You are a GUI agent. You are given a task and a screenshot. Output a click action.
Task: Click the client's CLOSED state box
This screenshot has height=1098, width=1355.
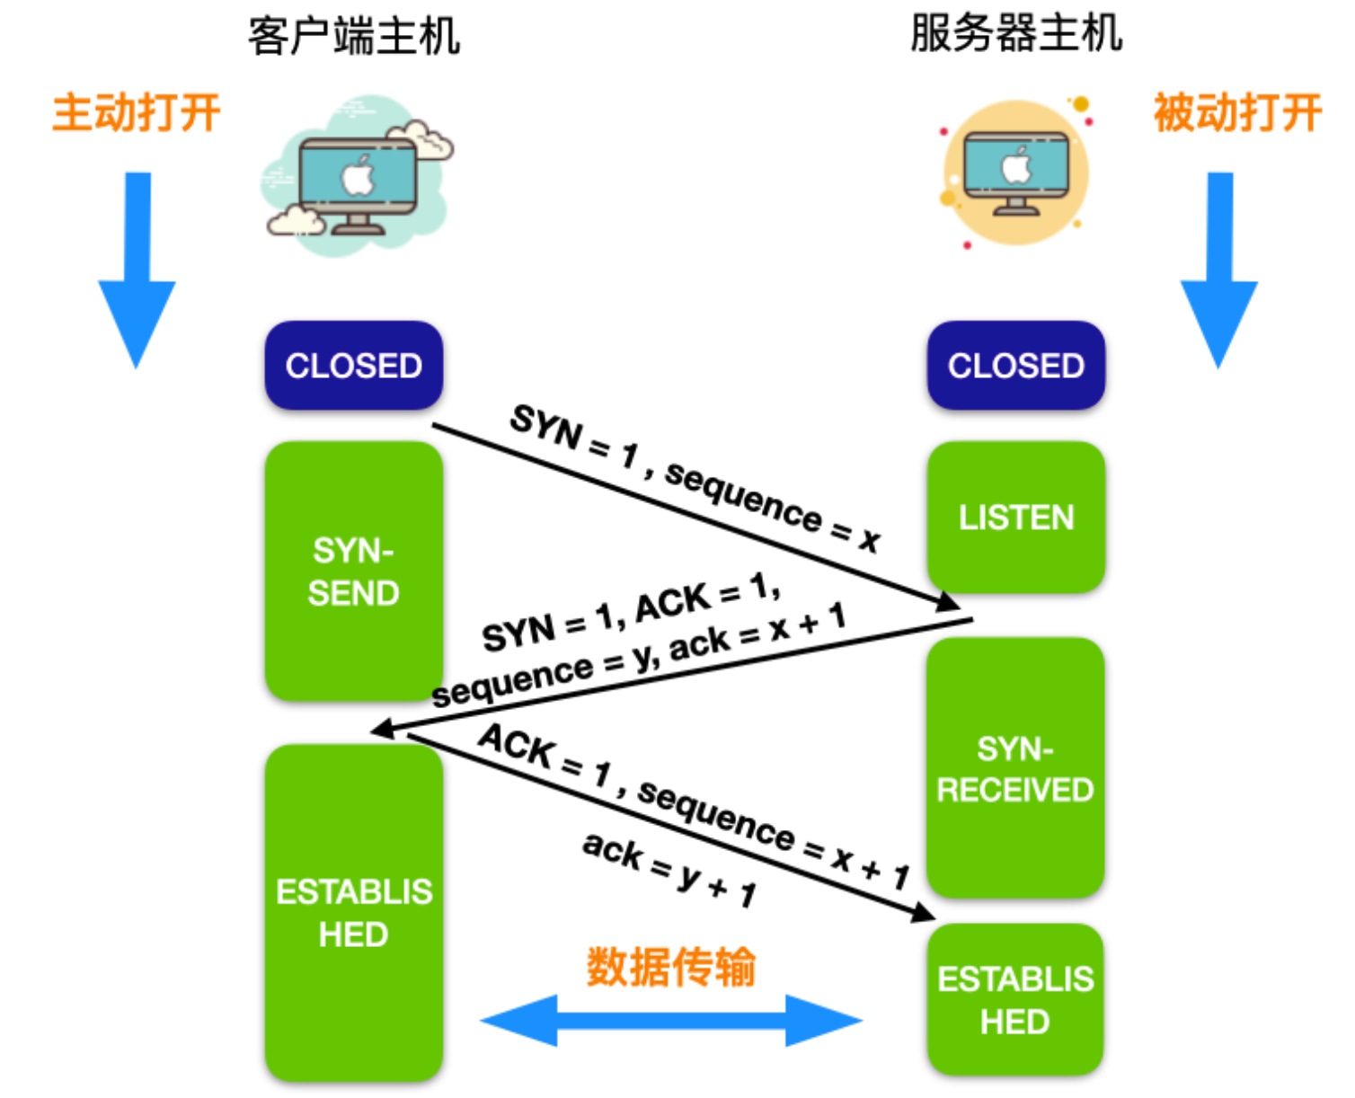point(353,366)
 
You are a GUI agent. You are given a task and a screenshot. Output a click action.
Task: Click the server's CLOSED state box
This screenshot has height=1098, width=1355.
point(1015,366)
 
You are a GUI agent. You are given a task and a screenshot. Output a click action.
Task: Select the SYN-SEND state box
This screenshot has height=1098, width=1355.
point(353,571)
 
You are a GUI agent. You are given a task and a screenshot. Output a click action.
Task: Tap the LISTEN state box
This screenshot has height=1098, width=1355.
point(1015,518)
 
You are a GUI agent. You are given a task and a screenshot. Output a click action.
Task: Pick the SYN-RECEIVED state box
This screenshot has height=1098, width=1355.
point(1015,769)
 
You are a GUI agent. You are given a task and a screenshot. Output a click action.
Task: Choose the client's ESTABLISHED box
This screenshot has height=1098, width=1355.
point(353,913)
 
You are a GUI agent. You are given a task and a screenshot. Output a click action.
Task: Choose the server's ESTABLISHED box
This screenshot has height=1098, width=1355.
point(1015,1000)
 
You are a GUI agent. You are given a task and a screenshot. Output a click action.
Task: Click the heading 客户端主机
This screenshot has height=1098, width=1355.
point(353,37)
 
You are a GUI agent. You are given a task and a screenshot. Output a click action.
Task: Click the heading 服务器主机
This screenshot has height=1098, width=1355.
point(1015,34)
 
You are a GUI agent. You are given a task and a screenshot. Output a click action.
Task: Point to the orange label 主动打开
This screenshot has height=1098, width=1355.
point(137,113)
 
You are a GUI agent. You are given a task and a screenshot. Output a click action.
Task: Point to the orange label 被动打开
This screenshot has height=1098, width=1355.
point(1237,113)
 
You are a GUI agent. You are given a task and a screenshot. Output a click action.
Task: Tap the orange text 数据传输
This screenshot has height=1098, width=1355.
point(671,967)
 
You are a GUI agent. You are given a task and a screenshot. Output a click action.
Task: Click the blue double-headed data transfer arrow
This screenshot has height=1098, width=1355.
point(671,1021)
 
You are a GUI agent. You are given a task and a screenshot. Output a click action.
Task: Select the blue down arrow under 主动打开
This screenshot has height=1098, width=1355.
point(137,270)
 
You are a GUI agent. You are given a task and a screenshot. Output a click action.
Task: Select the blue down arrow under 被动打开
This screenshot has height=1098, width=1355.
point(1218,270)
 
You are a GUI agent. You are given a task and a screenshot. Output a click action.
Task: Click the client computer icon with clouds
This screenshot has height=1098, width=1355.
point(358,178)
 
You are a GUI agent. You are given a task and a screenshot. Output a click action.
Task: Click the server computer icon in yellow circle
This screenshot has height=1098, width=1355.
point(1015,173)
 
